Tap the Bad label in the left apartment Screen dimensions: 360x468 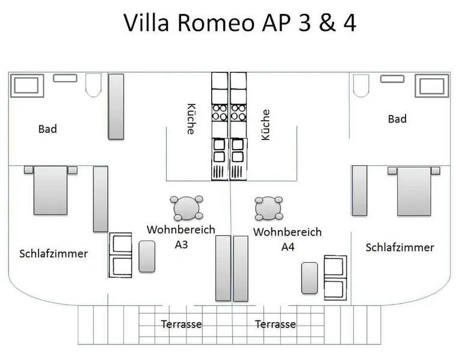coord(48,129)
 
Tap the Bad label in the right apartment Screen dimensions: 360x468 coord(397,119)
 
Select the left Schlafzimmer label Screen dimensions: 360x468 coord(53,254)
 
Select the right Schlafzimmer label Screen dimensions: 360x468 coord(399,248)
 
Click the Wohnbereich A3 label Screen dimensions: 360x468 coord(180,236)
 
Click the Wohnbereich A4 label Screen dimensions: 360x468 coord(287,239)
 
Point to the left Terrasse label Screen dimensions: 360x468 coord(181,325)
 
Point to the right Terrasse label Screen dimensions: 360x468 coord(276,325)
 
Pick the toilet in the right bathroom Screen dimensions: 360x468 coord(362,85)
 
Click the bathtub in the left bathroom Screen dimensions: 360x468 coord(26,85)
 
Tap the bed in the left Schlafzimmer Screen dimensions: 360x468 coord(51,190)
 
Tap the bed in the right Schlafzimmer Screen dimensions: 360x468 coord(414,190)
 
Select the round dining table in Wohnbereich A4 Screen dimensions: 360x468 coord(268,208)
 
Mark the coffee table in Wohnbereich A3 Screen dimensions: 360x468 coord(147,256)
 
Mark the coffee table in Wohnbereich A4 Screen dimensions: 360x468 coord(310,278)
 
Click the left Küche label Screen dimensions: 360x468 coord(191,119)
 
